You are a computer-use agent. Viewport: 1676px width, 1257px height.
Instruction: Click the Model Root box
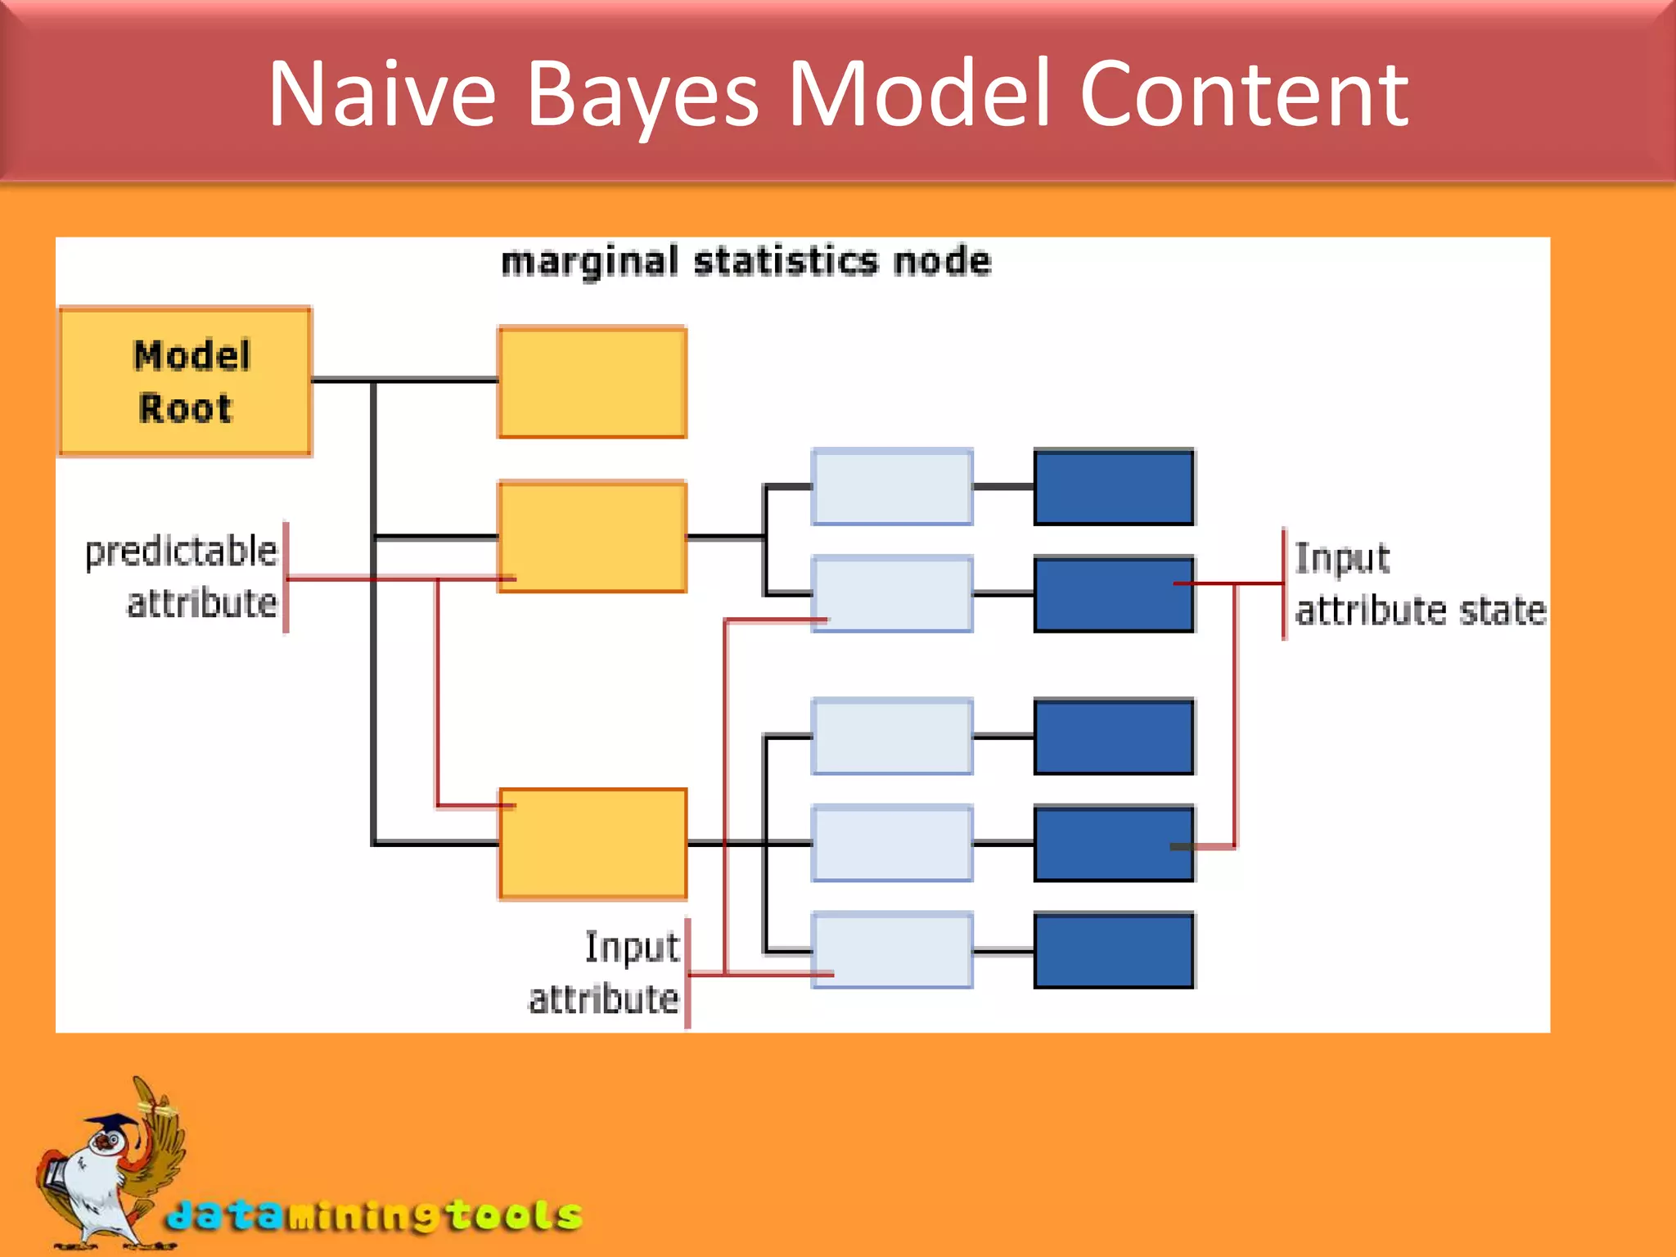185,381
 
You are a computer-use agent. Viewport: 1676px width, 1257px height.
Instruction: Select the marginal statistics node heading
746,262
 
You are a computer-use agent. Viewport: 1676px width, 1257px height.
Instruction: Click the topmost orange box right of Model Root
592,382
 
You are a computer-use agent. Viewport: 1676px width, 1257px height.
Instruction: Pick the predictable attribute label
182,577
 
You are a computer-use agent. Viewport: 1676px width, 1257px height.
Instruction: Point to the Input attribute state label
1419,584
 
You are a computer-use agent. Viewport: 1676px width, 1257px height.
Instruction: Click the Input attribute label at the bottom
605,973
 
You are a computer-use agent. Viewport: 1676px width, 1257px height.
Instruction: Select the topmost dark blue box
1114,487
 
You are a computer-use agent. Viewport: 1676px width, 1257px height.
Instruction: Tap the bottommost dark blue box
1114,951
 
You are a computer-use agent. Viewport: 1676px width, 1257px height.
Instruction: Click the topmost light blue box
892,487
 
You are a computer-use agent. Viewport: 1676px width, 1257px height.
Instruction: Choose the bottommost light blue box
892,951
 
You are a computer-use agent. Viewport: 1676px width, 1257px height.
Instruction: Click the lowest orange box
592,844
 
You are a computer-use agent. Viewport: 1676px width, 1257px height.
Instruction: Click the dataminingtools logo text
375,1215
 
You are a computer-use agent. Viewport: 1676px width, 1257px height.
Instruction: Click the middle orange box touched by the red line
592,537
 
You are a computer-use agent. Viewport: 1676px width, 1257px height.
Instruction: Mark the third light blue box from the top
892,737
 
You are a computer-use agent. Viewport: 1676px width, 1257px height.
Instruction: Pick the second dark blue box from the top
1114,594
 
